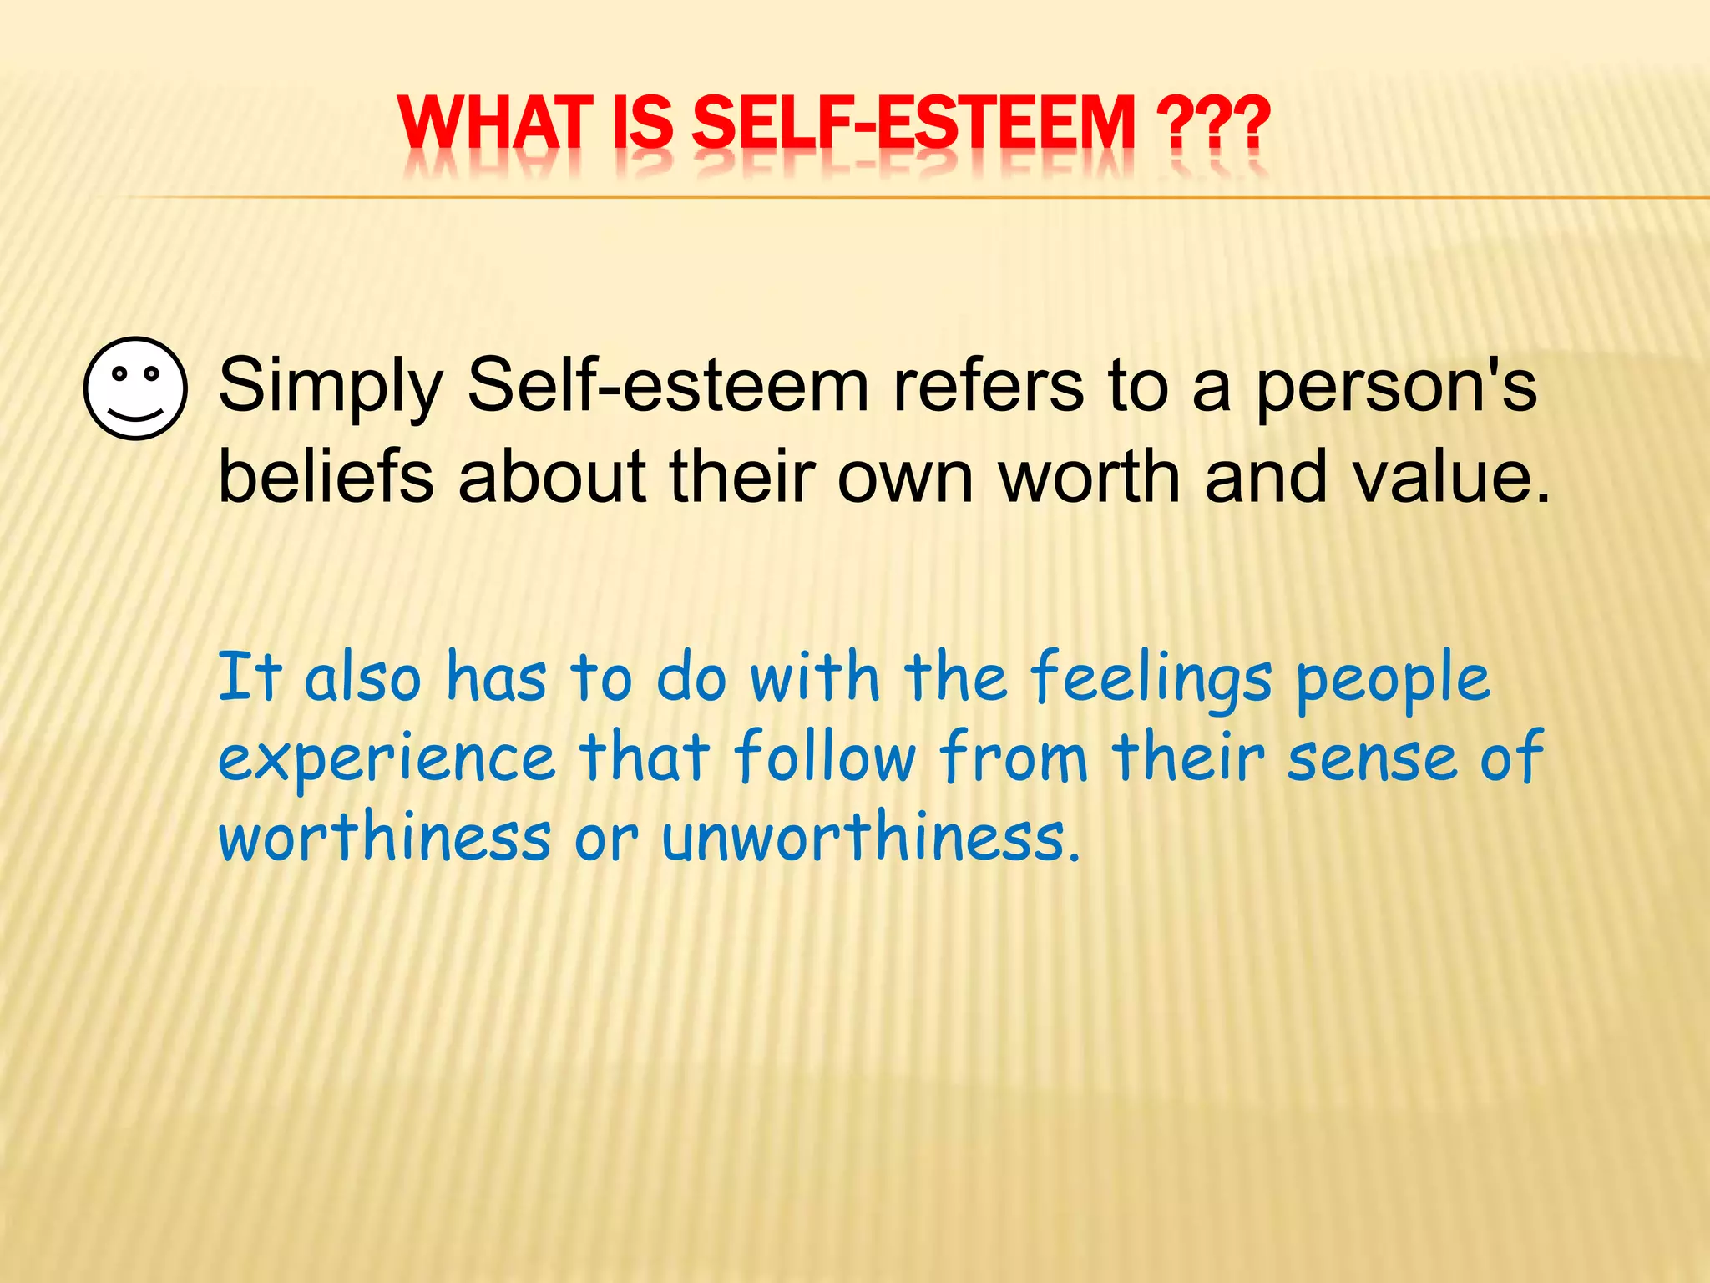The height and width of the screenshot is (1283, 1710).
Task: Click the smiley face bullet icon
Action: (x=135, y=388)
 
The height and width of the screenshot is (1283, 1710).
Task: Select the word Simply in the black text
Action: (x=330, y=387)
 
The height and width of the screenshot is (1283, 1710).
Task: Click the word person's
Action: (x=1395, y=387)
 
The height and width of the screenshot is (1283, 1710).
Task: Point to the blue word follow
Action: (x=825, y=757)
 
